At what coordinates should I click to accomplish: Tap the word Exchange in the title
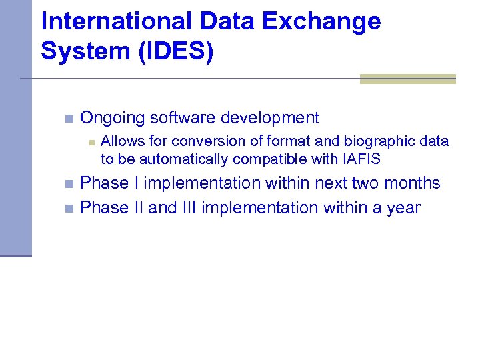pos(321,22)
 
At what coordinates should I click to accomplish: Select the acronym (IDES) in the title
pos(176,51)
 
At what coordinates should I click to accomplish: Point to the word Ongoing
pos(113,119)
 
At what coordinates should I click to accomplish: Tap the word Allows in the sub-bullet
pos(119,141)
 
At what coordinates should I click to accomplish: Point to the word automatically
pos(176,159)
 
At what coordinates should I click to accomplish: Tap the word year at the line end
pos(403,208)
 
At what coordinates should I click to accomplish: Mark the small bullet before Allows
pos(92,142)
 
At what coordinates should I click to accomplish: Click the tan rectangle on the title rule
pos(407,79)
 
